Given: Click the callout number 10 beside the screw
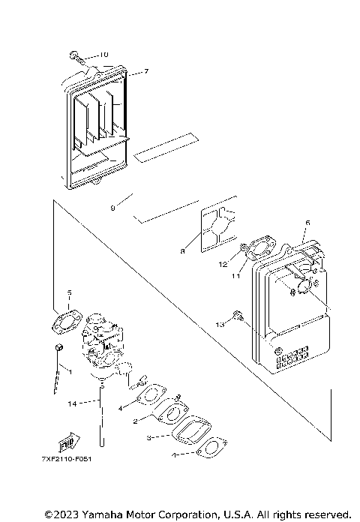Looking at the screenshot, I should [x=103, y=55].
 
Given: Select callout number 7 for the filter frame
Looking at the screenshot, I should [x=146, y=72].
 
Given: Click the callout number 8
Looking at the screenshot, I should [x=181, y=252].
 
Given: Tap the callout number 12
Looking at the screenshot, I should [x=223, y=264].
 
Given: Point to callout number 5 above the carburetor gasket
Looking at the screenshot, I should [x=69, y=293].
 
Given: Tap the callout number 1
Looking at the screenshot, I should [x=69, y=370].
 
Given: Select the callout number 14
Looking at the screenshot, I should [x=71, y=404].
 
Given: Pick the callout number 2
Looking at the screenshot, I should [x=134, y=422].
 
